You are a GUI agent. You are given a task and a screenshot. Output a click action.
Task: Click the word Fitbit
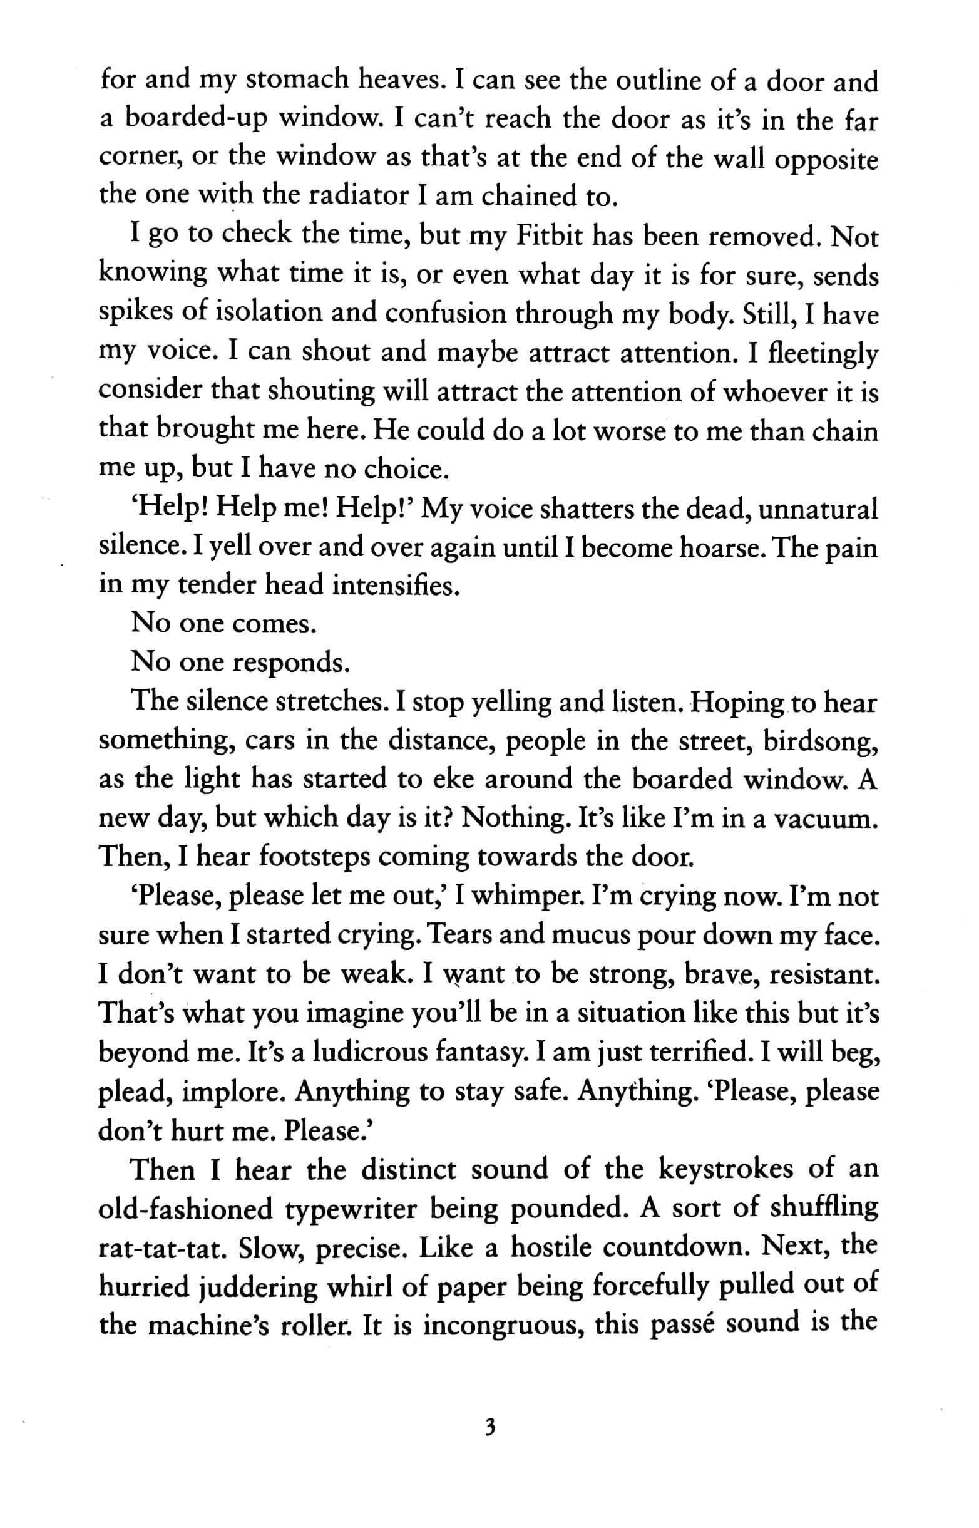pos(548,236)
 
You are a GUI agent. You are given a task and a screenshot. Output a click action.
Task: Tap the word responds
pos(291,663)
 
